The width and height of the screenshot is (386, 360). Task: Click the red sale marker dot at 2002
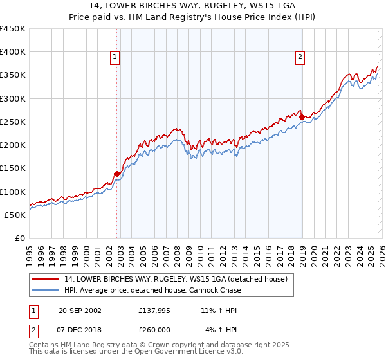pyautogui.click(x=116, y=174)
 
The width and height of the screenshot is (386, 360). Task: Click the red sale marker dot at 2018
pyautogui.click(x=302, y=117)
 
